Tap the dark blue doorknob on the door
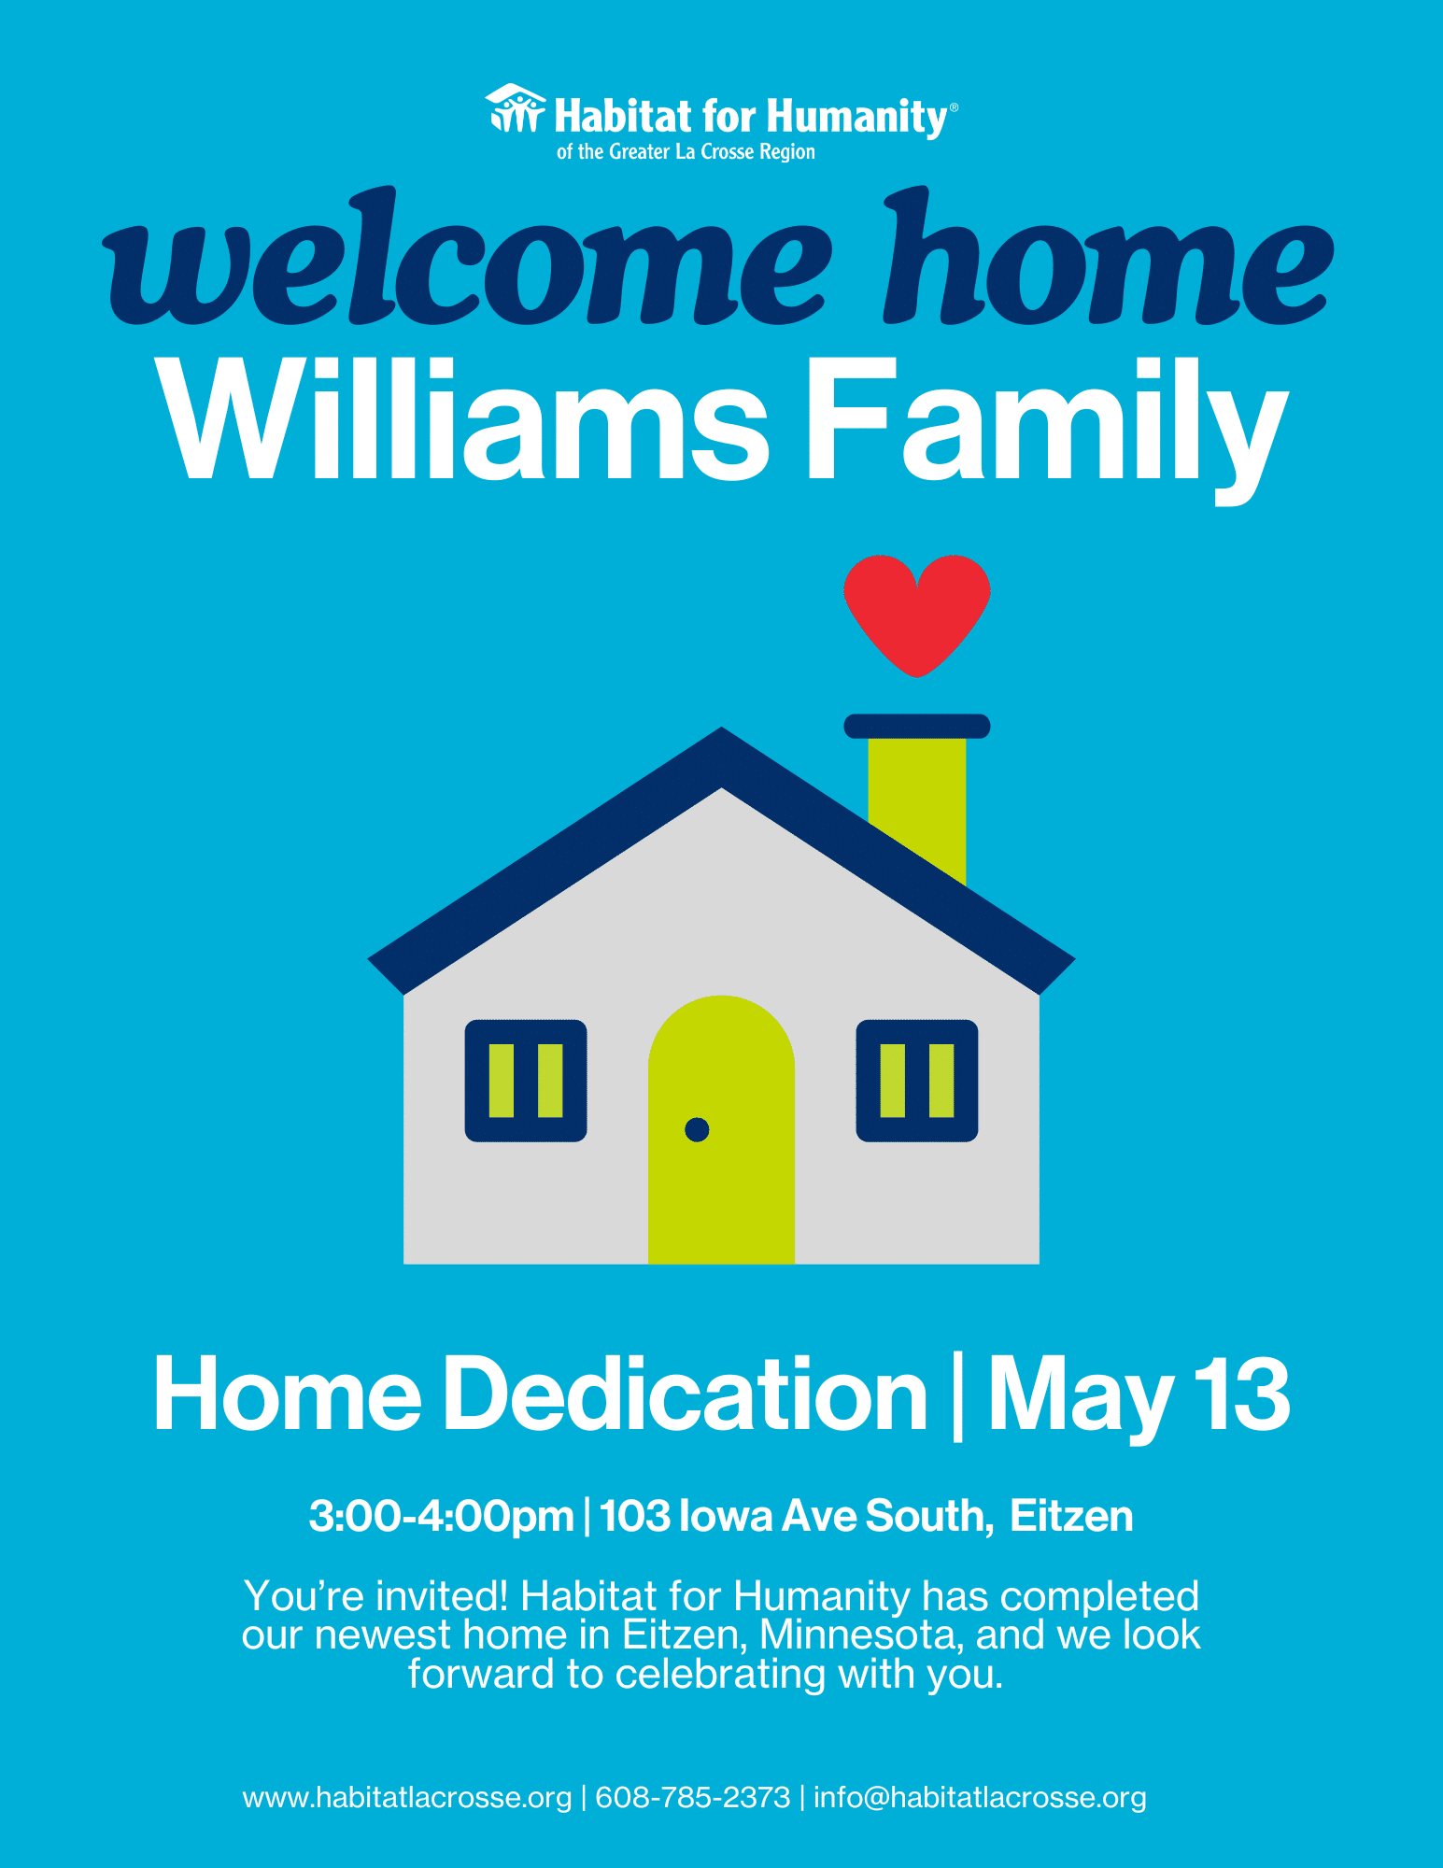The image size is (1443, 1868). click(x=697, y=1129)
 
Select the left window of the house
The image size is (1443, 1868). click(x=526, y=1081)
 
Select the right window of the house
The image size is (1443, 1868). click(x=917, y=1081)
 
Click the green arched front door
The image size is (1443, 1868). click(x=721, y=1130)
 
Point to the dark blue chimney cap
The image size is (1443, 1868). click(x=917, y=726)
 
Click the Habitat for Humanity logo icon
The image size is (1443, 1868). click(x=515, y=108)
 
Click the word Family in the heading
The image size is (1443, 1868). click(x=1047, y=430)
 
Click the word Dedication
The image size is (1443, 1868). click(x=685, y=1394)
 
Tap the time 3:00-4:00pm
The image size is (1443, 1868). click(x=441, y=1516)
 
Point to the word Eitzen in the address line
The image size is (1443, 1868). click(x=1071, y=1516)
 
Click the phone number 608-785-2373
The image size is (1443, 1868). click(x=692, y=1797)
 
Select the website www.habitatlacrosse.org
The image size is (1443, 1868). click(x=407, y=1798)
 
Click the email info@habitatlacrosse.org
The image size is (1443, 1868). click(x=980, y=1798)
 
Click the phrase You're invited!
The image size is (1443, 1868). click(x=375, y=1596)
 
